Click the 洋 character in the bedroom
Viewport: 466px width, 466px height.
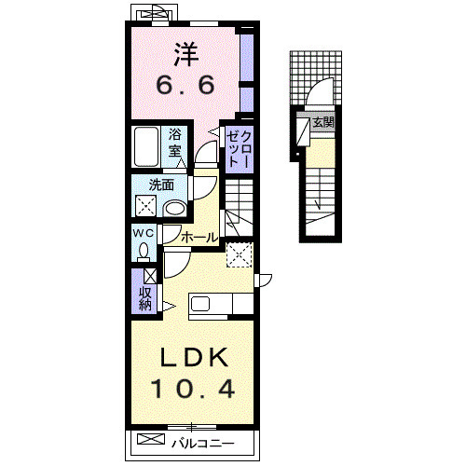point(186,54)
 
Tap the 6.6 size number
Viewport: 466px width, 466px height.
point(185,85)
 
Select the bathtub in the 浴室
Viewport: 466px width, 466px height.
point(146,146)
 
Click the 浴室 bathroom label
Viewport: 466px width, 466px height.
point(175,144)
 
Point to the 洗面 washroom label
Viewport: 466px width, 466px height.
point(161,185)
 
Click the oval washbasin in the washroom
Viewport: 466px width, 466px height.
point(174,208)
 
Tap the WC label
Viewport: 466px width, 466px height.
point(144,233)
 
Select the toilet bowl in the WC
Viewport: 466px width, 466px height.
point(144,251)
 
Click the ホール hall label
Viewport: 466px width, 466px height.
point(199,238)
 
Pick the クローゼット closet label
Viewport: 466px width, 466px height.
point(239,149)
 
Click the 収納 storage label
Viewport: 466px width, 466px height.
point(145,299)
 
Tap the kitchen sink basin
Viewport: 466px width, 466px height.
point(199,304)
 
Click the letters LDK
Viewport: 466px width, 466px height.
point(194,358)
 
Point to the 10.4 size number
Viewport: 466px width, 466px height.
point(193,390)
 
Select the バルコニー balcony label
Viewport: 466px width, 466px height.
point(203,443)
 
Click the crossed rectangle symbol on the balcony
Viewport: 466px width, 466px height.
point(151,439)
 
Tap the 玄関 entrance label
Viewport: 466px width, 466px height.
point(323,122)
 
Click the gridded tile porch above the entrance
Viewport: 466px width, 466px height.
point(316,78)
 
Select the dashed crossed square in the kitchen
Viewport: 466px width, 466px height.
point(240,255)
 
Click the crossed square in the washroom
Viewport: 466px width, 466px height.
point(146,205)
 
